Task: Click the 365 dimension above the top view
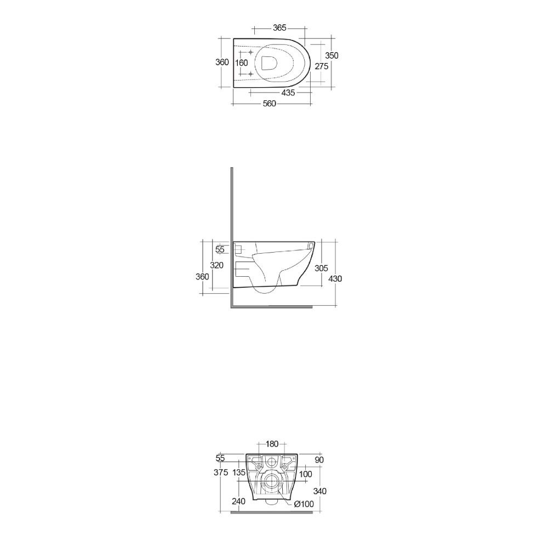279,27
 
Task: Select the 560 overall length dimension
270,104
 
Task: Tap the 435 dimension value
288,93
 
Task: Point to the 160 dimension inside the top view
242,63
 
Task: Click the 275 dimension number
322,66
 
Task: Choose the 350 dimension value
332,55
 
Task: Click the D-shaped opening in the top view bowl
269,63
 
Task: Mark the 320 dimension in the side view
216,265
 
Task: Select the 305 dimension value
321,268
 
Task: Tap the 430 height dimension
335,278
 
